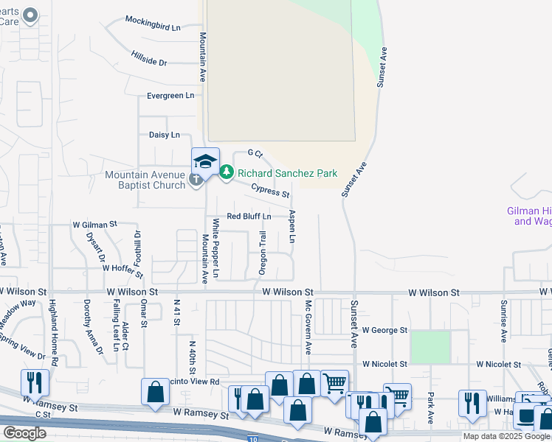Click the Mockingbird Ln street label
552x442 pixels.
click(x=153, y=27)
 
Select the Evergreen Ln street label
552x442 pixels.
click(x=170, y=96)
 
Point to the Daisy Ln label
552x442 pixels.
click(x=164, y=135)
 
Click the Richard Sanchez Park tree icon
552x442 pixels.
click(x=227, y=173)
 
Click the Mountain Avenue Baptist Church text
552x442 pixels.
click(x=145, y=179)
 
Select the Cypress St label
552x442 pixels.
click(x=269, y=190)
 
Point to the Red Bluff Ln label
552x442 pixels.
click(x=249, y=216)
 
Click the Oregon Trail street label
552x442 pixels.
click(x=262, y=253)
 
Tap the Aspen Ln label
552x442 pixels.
click(x=292, y=227)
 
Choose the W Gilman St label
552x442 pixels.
click(x=94, y=223)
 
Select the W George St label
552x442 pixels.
click(x=384, y=331)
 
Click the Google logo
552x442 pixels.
click(x=24, y=433)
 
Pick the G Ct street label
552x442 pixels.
click(x=255, y=152)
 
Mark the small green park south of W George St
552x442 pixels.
click(x=430, y=347)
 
